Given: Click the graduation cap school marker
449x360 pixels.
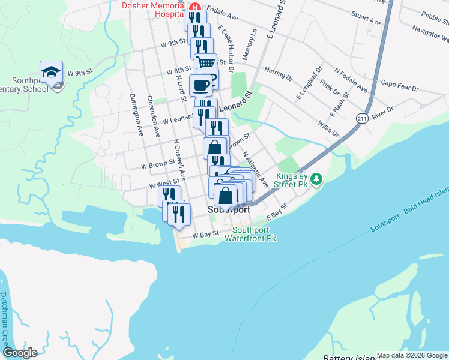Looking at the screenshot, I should (x=52, y=72).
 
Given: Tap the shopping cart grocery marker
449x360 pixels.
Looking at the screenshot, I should (x=205, y=62).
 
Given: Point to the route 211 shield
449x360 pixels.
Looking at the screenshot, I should (x=361, y=118).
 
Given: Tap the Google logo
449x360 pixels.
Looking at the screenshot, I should (x=20, y=353).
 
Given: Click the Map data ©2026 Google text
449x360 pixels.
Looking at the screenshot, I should (x=412, y=355).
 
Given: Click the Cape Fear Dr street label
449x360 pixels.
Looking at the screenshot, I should (x=399, y=86).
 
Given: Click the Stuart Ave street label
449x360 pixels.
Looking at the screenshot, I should (x=366, y=18).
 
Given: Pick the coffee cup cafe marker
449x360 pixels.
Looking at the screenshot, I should (x=200, y=85).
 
